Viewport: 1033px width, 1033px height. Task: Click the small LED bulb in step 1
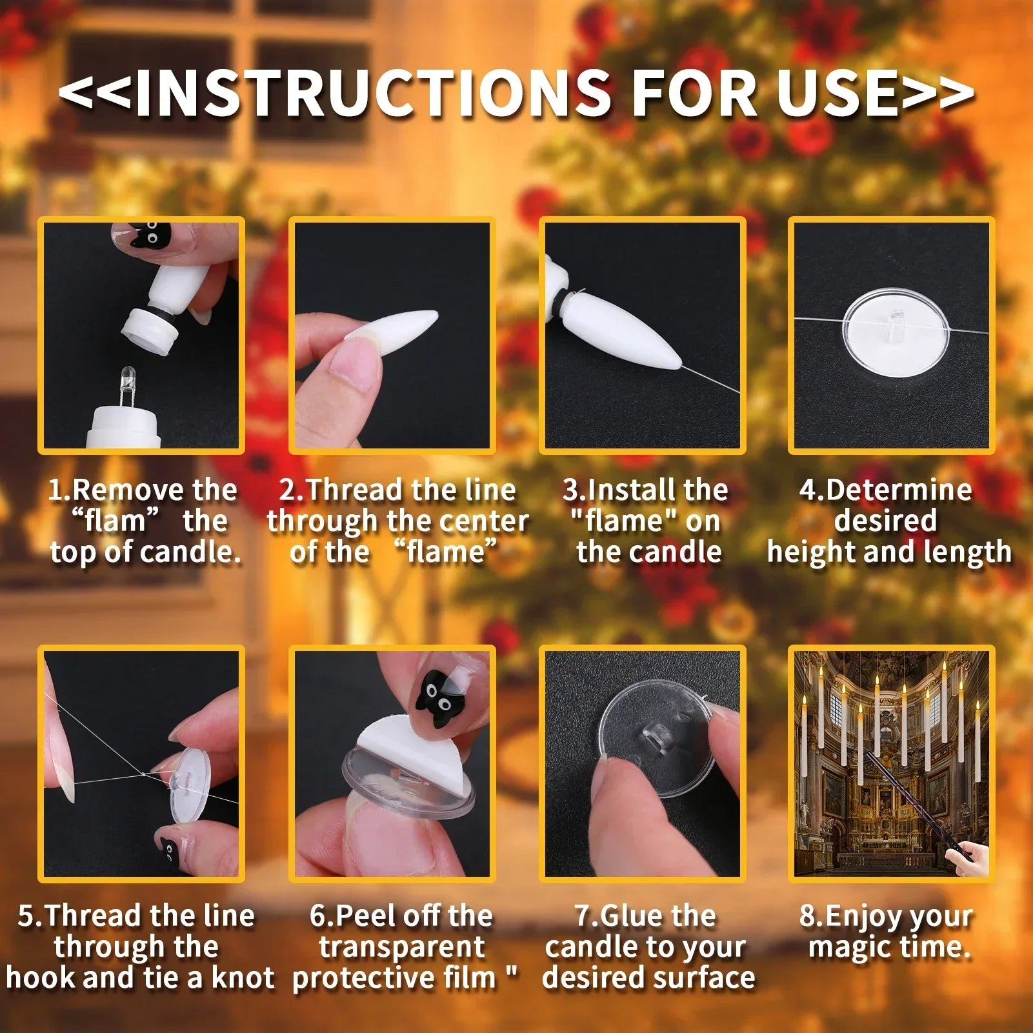[x=126, y=381]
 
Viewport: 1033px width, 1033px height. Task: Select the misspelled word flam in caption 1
[x=115, y=521]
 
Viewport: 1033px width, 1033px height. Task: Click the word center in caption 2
[x=485, y=521]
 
